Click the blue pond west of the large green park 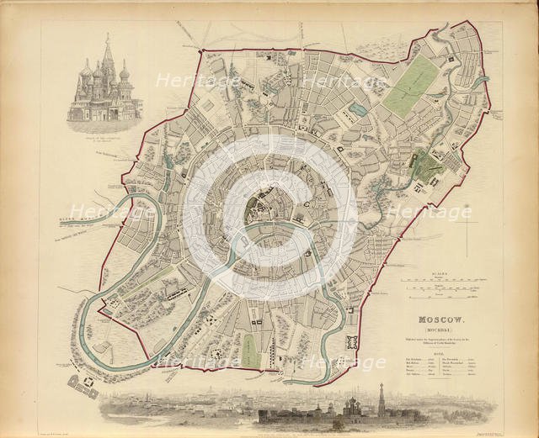(359, 109)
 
